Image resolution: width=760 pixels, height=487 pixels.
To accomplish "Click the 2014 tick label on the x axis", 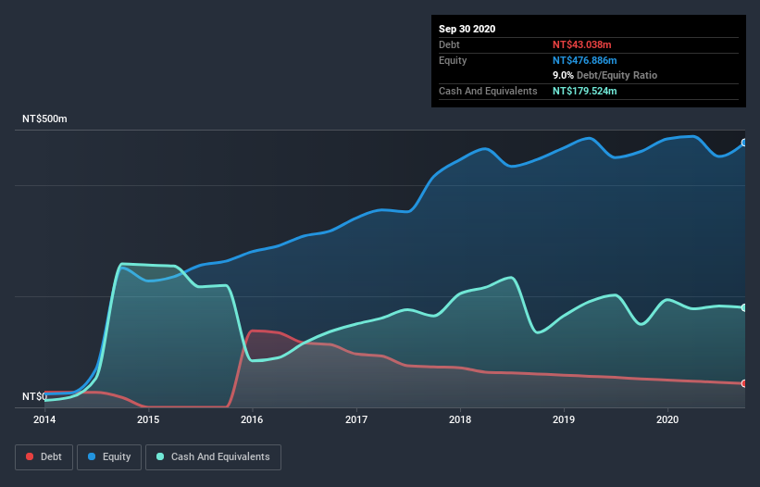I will [x=44, y=420].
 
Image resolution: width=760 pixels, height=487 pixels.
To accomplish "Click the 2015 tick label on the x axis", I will [x=148, y=420].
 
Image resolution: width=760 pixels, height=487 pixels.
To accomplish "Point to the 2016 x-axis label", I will [x=252, y=420].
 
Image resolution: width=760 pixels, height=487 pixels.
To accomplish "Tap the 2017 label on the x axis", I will [x=355, y=420].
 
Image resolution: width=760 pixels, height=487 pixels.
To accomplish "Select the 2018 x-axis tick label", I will [x=459, y=420].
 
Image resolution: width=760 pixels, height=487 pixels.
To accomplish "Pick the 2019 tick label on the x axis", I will [x=563, y=420].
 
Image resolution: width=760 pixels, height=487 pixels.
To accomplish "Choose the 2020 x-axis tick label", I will [x=667, y=420].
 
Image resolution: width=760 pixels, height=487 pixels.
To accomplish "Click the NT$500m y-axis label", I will [x=44, y=119].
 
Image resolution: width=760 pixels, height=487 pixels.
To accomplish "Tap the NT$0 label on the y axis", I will [x=34, y=396].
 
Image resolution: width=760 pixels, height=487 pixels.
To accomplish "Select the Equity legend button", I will [x=109, y=456].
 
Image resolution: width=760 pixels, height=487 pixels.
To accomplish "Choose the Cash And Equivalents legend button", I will [x=213, y=456].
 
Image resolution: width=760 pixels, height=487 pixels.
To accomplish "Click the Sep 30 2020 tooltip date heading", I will [x=467, y=29].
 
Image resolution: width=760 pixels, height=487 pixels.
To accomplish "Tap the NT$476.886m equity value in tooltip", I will [x=587, y=60].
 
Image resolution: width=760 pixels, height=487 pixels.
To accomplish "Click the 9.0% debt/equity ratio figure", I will [x=563, y=75].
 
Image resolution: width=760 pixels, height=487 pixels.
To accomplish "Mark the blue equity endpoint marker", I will [x=744, y=143].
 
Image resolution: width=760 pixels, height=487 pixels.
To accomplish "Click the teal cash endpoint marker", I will [x=744, y=307].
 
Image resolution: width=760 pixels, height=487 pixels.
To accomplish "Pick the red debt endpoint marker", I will [x=744, y=382].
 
